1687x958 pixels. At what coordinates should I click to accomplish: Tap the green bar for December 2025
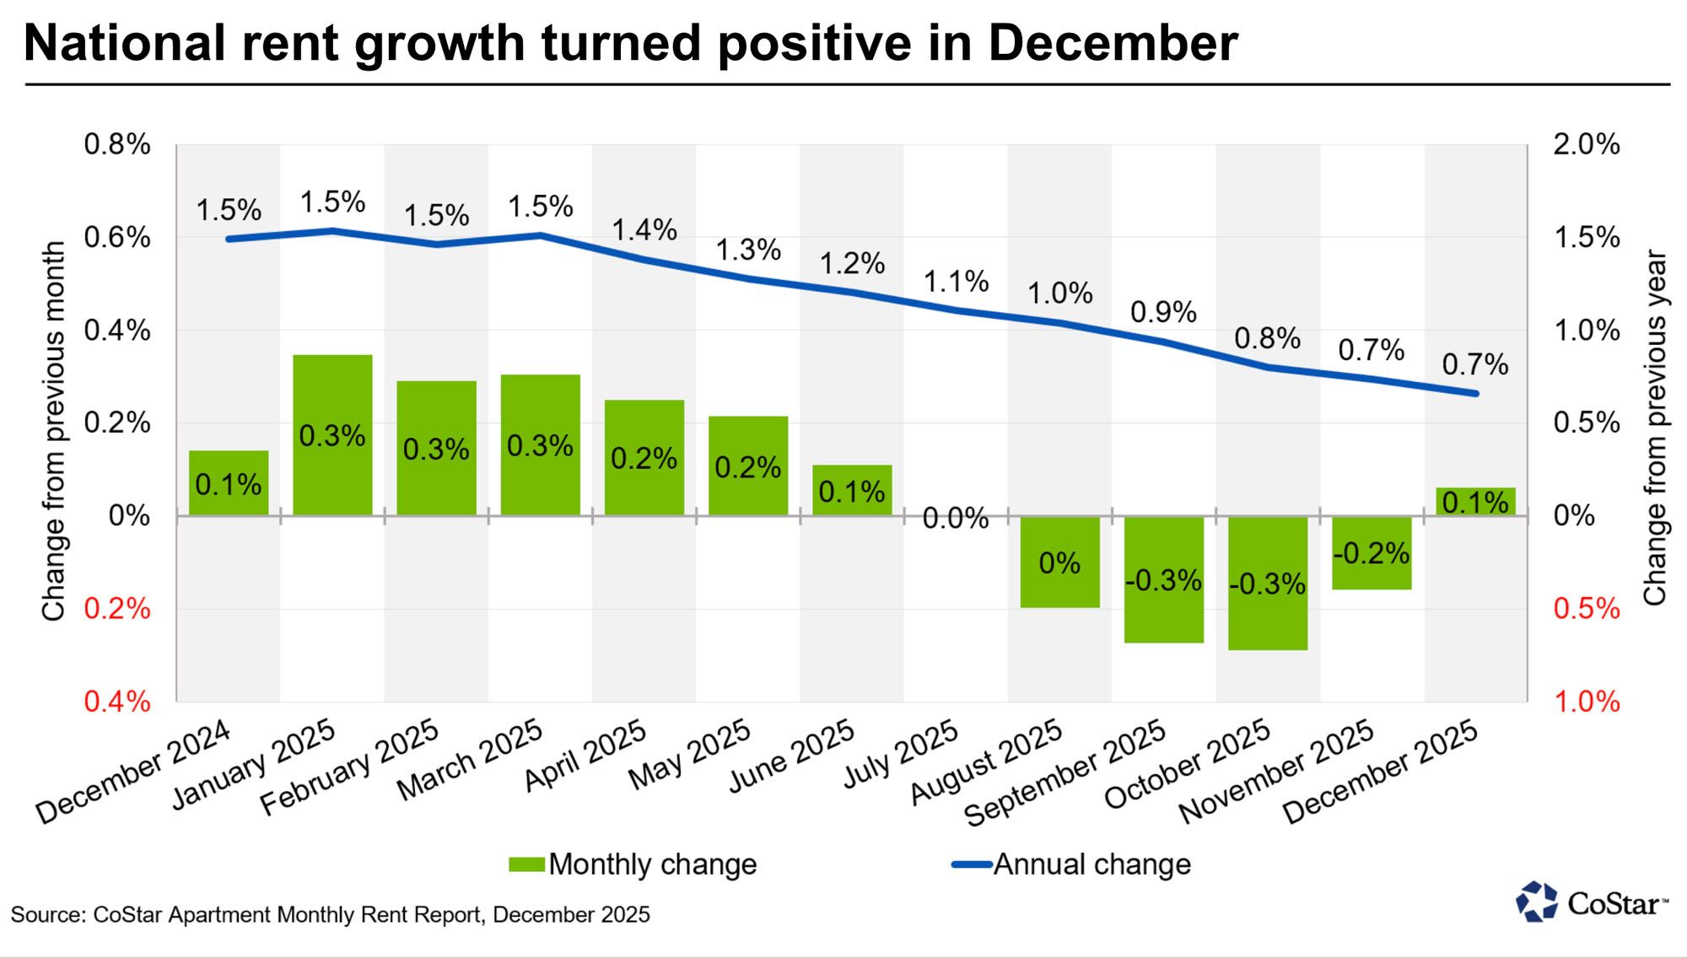click(1475, 502)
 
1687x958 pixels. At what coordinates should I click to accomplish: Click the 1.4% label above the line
click(644, 229)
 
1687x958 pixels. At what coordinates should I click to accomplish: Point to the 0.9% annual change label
click(1163, 312)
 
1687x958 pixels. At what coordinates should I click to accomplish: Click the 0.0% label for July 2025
click(955, 518)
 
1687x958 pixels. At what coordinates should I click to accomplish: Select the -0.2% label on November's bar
click(1372, 553)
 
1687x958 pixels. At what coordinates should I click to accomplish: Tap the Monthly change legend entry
click(633, 864)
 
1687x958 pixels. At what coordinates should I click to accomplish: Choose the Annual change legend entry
click(1071, 864)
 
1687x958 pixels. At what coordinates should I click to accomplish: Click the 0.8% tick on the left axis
click(116, 144)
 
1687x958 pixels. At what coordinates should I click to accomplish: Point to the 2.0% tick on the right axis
click(1586, 144)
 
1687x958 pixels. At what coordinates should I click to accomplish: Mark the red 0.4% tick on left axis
click(116, 701)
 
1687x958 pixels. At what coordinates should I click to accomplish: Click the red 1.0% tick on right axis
click(1586, 701)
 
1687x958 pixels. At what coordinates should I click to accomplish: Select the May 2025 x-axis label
click(689, 755)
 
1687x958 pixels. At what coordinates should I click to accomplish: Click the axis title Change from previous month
click(54, 431)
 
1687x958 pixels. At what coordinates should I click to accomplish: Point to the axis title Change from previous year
click(1655, 427)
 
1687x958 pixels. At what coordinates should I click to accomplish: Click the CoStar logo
click(1591, 903)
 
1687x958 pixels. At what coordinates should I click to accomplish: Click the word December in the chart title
click(1112, 43)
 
